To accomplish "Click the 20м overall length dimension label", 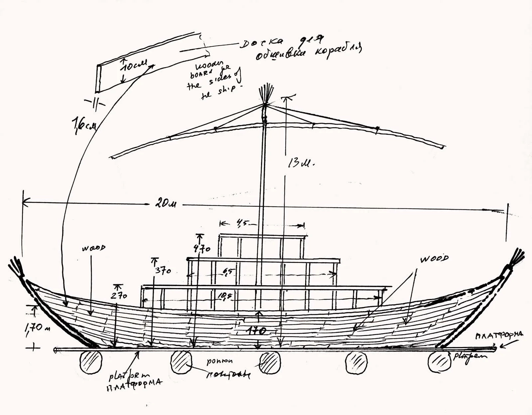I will [166, 203].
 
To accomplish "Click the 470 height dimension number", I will [202, 248].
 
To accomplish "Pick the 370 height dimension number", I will [163, 270].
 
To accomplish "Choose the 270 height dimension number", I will [119, 295].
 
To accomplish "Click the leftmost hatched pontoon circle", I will [91, 361].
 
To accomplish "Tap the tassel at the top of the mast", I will [266, 94].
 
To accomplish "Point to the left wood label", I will [94, 248].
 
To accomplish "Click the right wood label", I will [434, 259].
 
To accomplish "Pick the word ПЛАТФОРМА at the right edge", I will [499, 335].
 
